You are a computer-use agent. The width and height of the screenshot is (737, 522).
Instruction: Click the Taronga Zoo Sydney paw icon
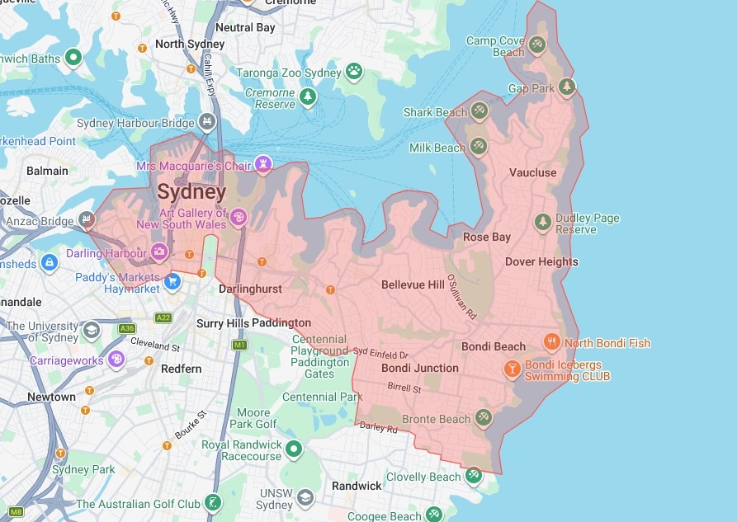(x=354, y=72)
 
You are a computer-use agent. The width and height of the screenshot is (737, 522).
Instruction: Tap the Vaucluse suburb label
(x=532, y=172)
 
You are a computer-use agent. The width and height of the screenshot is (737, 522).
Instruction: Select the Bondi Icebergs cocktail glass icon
(x=512, y=369)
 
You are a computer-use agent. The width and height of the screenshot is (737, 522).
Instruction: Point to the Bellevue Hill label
(x=413, y=285)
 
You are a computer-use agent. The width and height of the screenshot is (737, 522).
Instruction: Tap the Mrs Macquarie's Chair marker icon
(x=263, y=166)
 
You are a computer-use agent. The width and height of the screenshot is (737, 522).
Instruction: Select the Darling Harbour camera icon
(x=159, y=252)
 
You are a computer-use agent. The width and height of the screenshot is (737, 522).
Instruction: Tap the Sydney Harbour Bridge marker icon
(x=206, y=123)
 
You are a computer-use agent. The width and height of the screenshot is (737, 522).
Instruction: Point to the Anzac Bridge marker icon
(x=86, y=220)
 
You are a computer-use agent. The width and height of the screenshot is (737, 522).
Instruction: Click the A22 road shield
(x=164, y=317)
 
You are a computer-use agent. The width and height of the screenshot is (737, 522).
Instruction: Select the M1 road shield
(x=239, y=344)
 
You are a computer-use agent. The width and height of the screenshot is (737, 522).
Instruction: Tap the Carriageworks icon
(x=116, y=360)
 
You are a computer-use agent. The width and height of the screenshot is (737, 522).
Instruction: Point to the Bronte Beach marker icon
(x=483, y=419)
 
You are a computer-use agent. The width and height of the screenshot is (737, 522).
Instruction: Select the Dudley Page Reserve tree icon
(x=542, y=223)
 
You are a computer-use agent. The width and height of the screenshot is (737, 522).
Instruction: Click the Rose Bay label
(x=486, y=237)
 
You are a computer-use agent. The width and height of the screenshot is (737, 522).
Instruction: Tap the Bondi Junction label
(x=420, y=368)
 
